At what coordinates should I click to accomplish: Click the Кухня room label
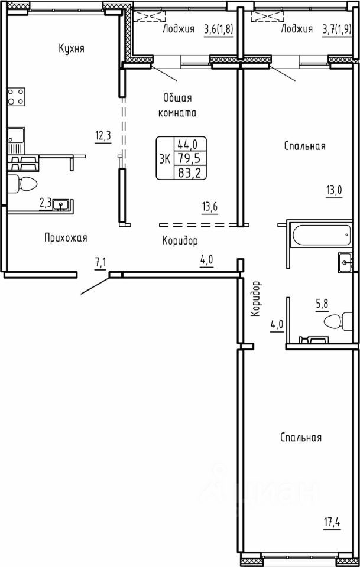pos(72,49)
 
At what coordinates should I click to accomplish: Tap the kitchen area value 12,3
pos(103,136)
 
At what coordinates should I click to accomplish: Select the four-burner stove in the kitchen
pos(17,96)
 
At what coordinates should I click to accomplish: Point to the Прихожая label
pos(66,238)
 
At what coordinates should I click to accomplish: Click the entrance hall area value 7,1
pos(100,263)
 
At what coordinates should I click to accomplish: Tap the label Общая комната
pos(177,105)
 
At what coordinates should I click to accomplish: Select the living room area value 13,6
pos(210,208)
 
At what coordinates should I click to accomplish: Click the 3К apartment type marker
pos(164,158)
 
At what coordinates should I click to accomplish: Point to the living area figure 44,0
pos(187,145)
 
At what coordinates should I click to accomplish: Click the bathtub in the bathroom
pos(320,236)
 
